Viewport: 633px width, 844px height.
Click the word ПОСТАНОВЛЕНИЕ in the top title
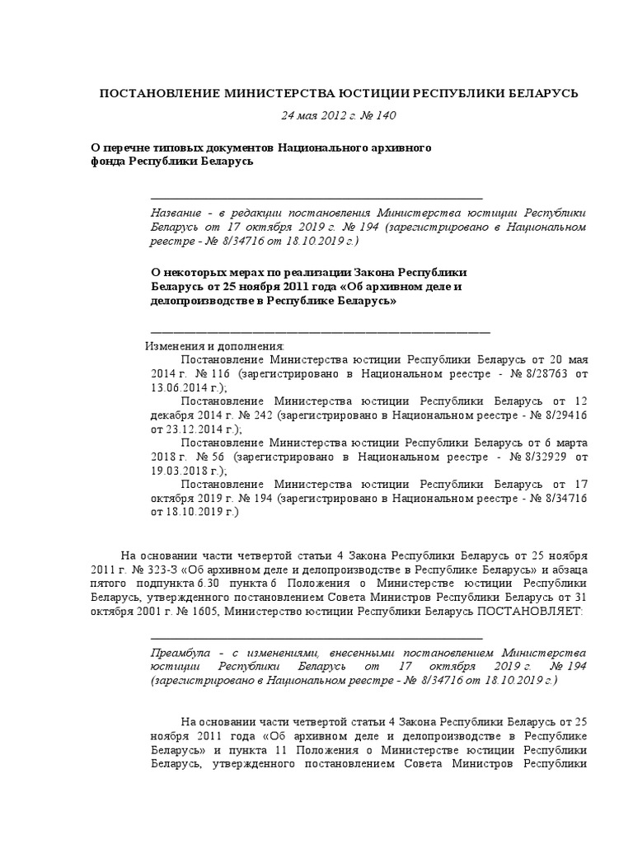click(151, 94)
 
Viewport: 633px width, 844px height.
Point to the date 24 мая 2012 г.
click(310, 116)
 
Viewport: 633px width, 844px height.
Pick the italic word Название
click(177, 211)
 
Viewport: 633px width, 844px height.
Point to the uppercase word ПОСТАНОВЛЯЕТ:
click(530, 612)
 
